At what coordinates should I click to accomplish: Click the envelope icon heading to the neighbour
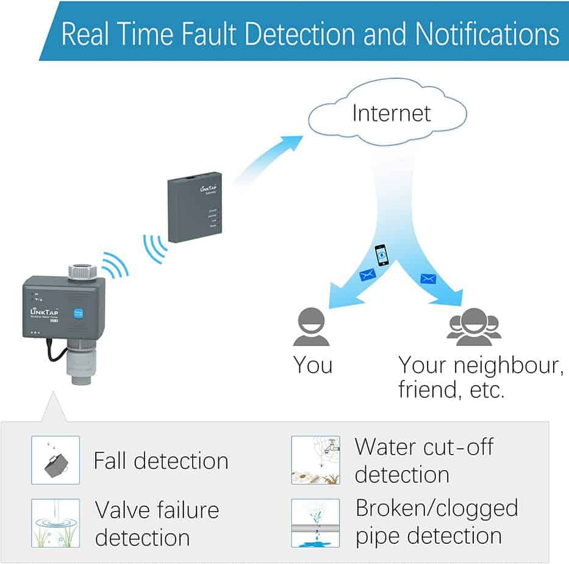428,279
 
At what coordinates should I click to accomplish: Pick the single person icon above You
312,328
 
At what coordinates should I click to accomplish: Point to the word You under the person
312,365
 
